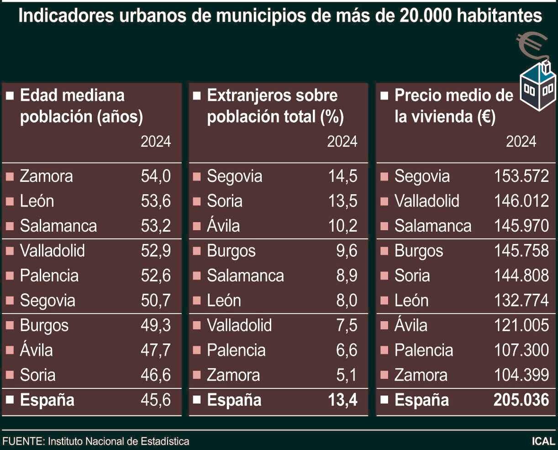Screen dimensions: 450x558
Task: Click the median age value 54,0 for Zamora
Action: (x=156, y=176)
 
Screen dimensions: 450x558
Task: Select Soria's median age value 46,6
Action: (x=156, y=375)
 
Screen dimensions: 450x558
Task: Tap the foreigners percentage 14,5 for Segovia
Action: (x=342, y=176)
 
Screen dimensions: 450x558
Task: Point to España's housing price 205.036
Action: (x=521, y=400)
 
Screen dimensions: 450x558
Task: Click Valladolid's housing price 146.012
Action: (x=521, y=201)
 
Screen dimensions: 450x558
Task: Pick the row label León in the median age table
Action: (x=37, y=201)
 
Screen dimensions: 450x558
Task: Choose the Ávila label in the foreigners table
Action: (x=223, y=226)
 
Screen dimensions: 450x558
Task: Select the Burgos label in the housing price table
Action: (x=419, y=251)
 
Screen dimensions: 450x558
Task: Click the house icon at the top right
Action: (x=537, y=87)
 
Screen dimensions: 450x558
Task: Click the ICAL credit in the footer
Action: (x=543, y=442)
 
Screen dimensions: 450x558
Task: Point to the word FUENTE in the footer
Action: (x=23, y=442)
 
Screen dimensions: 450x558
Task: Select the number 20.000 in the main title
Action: (x=425, y=16)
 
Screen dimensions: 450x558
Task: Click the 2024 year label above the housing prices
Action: (x=521, y=142)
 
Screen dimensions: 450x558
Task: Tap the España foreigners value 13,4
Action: (x=342, y=400)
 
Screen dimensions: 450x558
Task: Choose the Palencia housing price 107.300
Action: (x=521, y=350)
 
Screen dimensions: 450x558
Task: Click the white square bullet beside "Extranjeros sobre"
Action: (x=197, y=96)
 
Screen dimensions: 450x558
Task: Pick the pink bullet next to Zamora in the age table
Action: (x=10, y=176)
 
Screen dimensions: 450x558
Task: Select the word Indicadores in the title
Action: (x=66, y=16)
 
